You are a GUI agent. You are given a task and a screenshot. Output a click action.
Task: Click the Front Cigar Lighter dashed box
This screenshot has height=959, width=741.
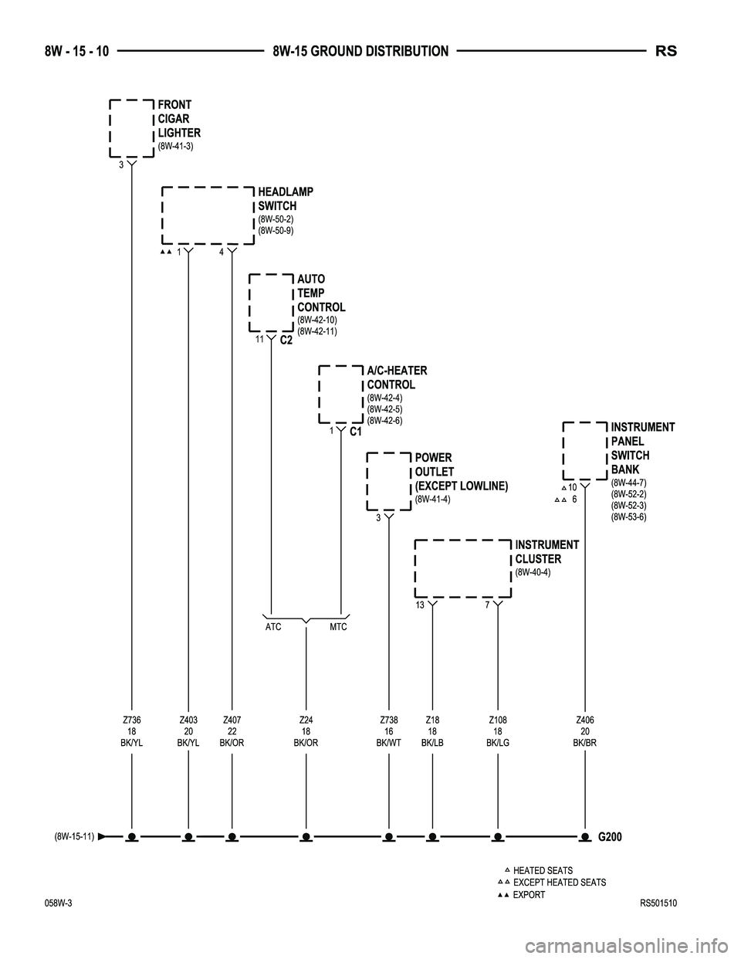point(110,128)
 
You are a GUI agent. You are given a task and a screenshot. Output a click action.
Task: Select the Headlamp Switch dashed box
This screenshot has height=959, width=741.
point(162,215)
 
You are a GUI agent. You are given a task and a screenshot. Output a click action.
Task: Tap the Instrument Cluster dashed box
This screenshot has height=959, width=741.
point(415,568)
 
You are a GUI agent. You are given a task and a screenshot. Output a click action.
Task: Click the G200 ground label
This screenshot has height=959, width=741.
point(610,837)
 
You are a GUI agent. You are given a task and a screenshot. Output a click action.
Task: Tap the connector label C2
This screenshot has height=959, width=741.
point(286,341)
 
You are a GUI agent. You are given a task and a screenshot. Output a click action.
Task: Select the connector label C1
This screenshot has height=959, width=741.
point(356,432)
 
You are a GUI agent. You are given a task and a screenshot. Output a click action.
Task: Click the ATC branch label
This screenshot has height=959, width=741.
point(273,627)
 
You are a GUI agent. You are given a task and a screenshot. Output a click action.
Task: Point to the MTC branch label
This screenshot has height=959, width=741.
point(338,627)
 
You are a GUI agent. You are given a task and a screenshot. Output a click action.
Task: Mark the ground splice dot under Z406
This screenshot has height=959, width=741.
point(585,836)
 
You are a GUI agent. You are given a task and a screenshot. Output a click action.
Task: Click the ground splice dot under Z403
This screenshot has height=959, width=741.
point(188,836)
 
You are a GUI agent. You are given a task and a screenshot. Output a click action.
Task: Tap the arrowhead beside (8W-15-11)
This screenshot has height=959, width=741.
point(101,836)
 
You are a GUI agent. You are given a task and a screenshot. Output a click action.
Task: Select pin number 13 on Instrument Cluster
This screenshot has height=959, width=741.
point(419,605)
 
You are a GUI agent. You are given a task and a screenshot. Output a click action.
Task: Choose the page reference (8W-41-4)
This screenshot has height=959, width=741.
point(433,499)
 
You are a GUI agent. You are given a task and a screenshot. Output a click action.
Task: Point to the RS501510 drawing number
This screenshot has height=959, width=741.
point(658,903)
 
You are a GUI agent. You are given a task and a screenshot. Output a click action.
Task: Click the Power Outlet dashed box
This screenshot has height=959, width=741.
point(367,482)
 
